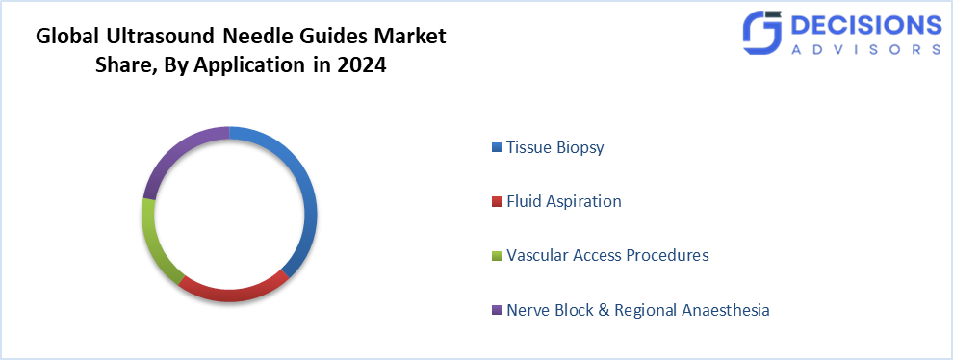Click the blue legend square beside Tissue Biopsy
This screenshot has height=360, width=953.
click(x=496, y=148)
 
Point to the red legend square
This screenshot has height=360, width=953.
click(x=496, y=202)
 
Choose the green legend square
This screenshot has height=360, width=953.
click(x=496, y=256)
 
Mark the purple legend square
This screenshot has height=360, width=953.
click(x=496, y=310)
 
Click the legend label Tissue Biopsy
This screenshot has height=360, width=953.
click(x=554, y=148)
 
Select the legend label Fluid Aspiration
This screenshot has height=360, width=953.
click(x=563, y=202)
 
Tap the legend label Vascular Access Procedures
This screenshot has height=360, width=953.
click(x=607, y=256)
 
